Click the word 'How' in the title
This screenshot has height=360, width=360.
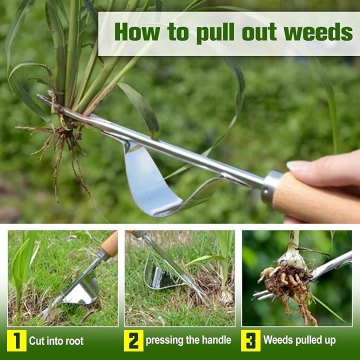tap(137, 32)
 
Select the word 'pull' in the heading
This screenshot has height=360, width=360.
tap(215, 33)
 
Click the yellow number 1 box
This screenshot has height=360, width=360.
tap(17, 340)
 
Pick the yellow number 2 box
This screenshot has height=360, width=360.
tap(133, 340)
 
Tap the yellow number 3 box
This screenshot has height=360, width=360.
tap(250, 340)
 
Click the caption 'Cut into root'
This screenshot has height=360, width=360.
tap(56, 341)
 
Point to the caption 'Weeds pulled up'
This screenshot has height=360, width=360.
tap(299, 340)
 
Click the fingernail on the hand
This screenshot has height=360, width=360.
tap(298, 165)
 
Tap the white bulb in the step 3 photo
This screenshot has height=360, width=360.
tap(291, 257)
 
